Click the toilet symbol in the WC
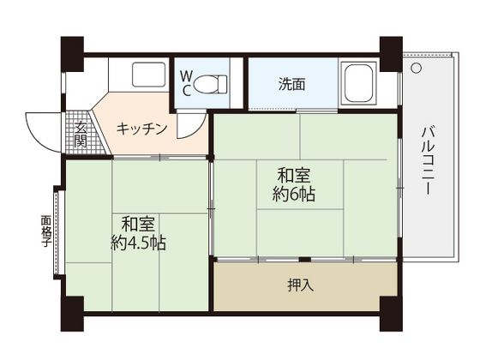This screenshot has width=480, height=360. (210, 84)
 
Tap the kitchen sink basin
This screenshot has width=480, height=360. (149, 75)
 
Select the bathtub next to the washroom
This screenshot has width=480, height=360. (358, 83)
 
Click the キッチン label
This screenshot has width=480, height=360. (141, 129)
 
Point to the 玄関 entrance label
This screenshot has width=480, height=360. (81, 135)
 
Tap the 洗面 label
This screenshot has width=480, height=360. (291, 84)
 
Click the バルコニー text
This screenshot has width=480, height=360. (429, 161)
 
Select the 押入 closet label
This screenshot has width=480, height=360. (301, 285)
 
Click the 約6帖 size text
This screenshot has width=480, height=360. (294, 194)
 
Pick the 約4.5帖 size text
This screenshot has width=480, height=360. (138, 243)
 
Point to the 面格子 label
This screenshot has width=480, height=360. (46, 231)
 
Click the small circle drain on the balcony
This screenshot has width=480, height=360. (416, 68)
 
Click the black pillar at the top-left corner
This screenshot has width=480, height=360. (72, 54)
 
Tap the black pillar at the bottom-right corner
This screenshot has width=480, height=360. (391, 314)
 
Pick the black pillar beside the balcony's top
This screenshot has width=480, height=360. (391, 54)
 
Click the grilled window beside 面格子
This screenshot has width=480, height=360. (56, 232)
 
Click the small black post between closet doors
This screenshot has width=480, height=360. (304, 260)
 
